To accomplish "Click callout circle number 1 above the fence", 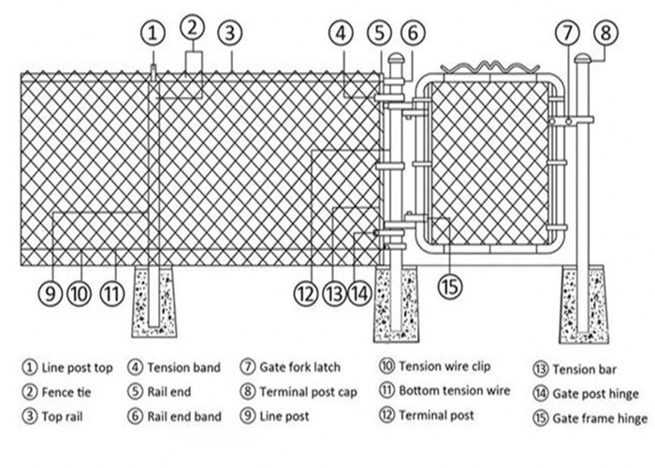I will (153, 33).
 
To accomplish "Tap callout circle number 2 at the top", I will (192, 26).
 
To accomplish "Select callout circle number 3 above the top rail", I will (230, 33).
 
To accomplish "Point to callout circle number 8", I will (606, 33).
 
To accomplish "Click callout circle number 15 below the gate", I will (450, 286).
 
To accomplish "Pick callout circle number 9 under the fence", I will (50, 293).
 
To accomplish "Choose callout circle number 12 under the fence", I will (303, 293).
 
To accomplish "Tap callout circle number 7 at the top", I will (568, 33).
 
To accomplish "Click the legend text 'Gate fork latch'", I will (299, 367).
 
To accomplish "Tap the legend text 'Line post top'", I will (78, 368).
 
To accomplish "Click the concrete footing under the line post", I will (153, 301).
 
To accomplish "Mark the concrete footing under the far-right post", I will (583, 304).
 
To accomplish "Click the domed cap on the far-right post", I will (583, 59).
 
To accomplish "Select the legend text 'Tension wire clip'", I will (444, 366).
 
